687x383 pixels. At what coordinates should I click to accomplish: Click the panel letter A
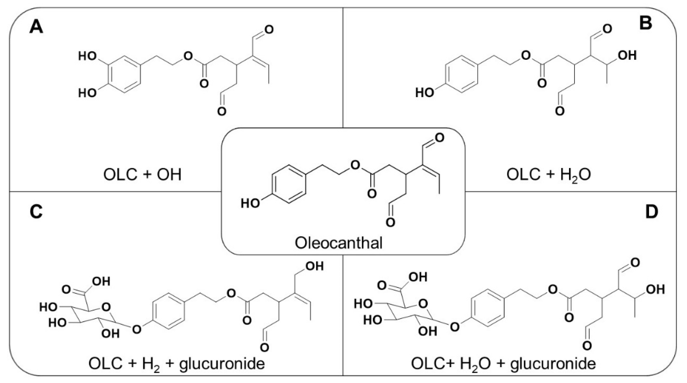[36, 27]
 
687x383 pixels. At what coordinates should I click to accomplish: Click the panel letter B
[646, 23]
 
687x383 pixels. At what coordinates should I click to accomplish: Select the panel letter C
[36, 212]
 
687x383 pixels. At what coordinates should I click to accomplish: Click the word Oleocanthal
[339, 243]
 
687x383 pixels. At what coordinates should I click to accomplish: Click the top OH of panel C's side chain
[315, 266]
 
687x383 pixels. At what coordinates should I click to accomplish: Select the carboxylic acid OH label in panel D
[418, 277]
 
